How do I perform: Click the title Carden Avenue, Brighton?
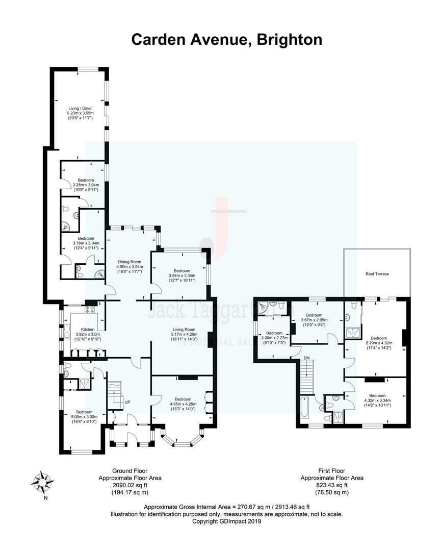[x=226, y=39]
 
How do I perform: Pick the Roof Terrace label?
[x=377, y=274]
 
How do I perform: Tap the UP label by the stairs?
[x=127, y=403]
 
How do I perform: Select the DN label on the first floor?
[x=306, y=358]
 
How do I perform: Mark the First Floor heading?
[x=331, y=471]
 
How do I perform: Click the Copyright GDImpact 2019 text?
[x=226, y=521]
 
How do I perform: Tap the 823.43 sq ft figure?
[x=331, y=485]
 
